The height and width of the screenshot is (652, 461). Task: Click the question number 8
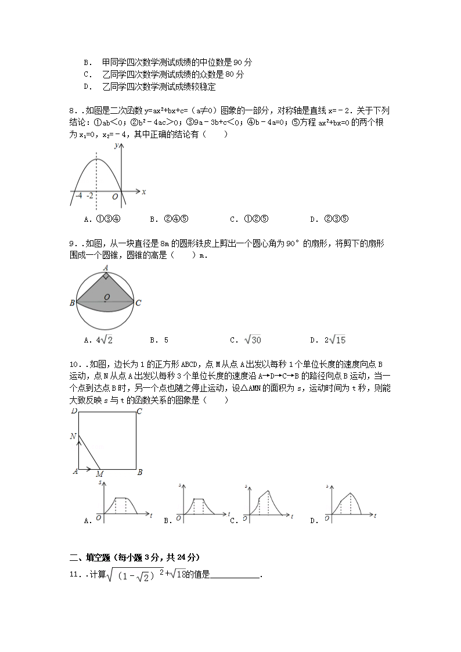71,110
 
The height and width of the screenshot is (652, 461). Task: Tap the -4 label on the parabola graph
78,196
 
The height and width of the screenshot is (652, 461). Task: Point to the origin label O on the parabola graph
116,197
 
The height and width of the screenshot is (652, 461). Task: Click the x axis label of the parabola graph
143,192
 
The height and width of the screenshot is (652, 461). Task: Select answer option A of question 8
102,219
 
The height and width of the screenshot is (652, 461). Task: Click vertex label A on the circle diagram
106,268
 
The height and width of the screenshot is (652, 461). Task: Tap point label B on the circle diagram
72,303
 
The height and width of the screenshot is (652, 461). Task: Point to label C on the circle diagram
138,303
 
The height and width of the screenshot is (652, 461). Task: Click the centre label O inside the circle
106,298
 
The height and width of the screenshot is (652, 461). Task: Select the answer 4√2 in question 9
98,340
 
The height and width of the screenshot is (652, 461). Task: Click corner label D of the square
74,412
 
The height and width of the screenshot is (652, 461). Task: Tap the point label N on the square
73,436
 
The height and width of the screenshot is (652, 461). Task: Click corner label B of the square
139,473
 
